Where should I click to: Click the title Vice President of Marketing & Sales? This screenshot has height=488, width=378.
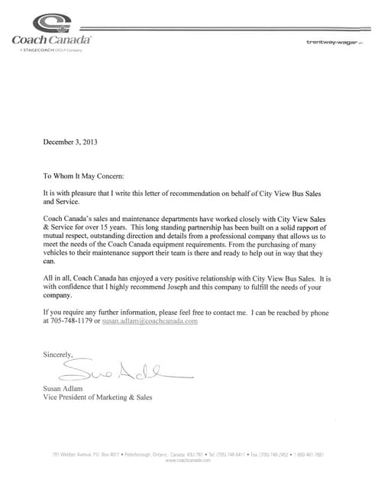click(97, 397)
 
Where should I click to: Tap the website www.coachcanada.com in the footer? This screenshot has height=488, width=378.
click(189, 461)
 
